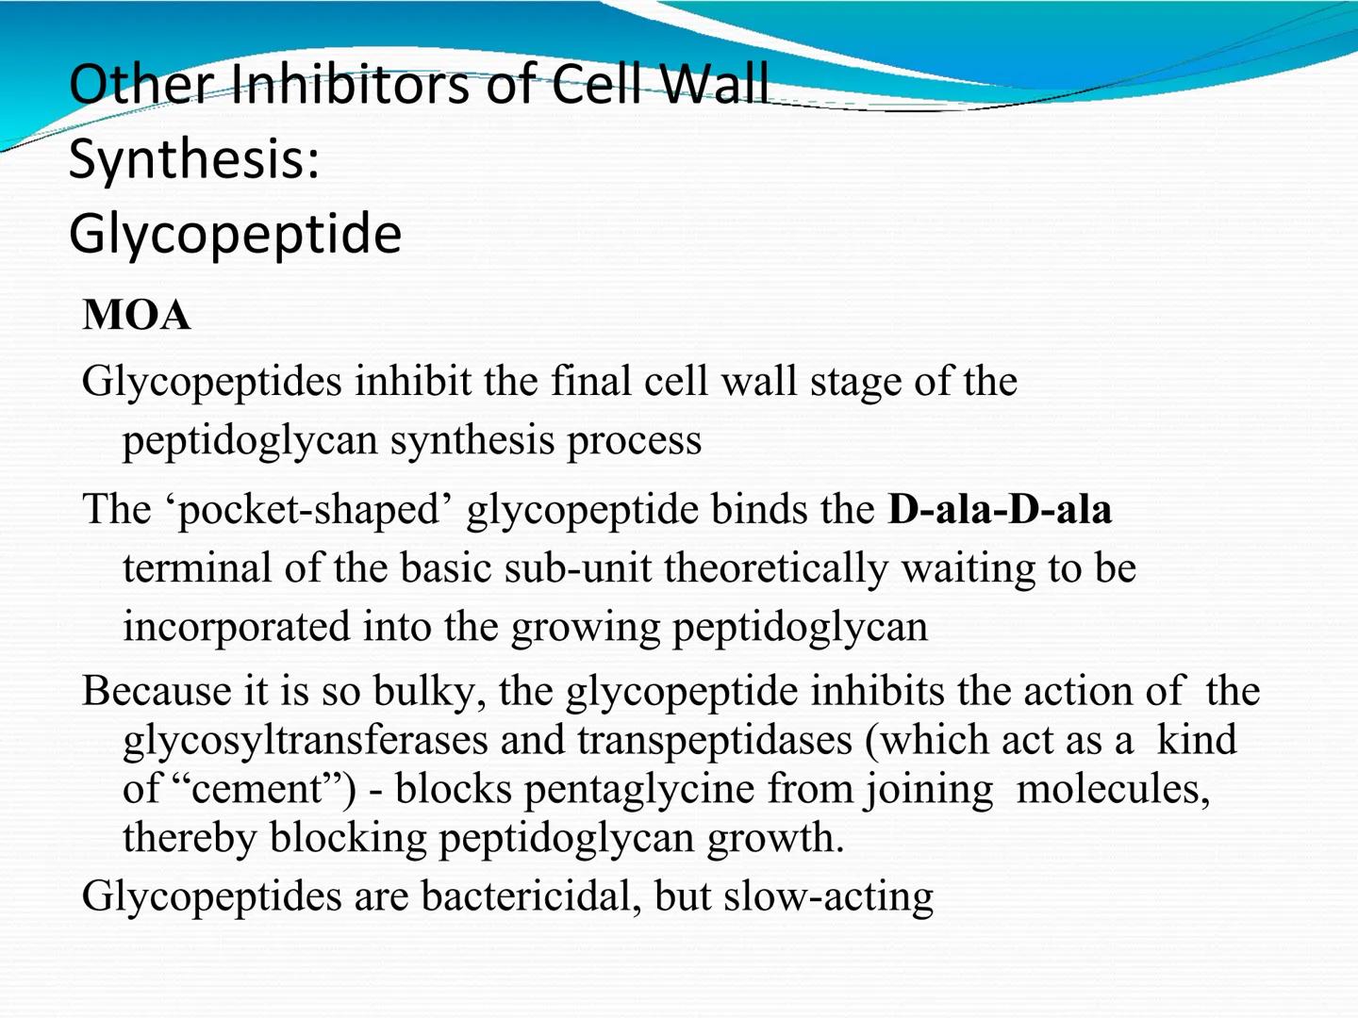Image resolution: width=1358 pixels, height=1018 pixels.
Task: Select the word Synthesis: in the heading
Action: coord(194,158)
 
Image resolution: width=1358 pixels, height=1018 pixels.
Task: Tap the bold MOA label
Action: coord(137,315)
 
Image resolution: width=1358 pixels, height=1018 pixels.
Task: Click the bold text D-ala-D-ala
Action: coord(1000,510)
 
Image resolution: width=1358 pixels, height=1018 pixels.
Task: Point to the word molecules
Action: coord(1113,789)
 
